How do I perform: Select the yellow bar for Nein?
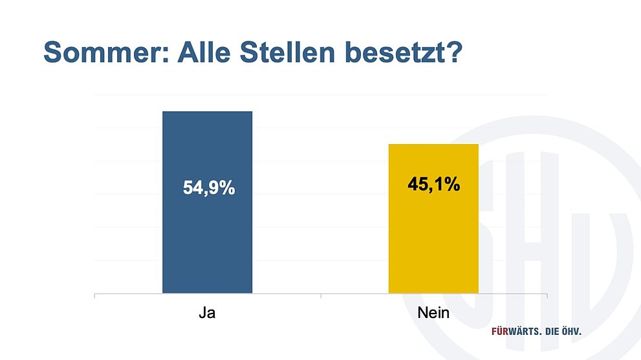point(433,246)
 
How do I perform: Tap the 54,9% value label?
point(208,190)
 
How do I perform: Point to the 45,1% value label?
point(433,185)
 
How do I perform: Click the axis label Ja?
point(207,314)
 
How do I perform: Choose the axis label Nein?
point(433,314)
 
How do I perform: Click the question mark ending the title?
point(453,52)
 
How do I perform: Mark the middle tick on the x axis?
point(321,296)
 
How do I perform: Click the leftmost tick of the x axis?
point(95,296)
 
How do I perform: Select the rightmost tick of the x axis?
point(547,296)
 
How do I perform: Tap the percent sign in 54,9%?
point(226,190)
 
